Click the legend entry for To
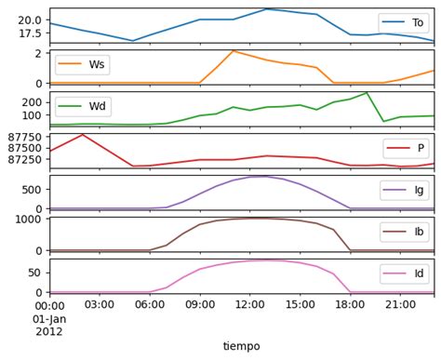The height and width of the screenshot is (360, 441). click(404, 23)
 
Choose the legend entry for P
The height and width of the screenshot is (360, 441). click(406, 149)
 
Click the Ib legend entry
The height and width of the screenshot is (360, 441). click(404, 233)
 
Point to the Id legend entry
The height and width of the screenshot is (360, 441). click(404, 274)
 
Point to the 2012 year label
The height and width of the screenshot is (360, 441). click(50, 330)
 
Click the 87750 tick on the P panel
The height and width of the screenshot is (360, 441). click(22, 137)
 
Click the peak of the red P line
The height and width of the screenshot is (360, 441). click(83, 135)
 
